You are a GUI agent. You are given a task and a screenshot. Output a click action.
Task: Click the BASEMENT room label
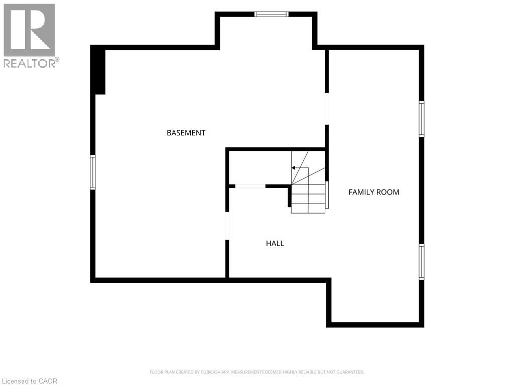click(x=186, y=132)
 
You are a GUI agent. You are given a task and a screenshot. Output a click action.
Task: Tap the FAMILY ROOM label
click(x=373, y=192)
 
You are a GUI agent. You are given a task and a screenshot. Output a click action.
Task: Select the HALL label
click(x=275, y=243)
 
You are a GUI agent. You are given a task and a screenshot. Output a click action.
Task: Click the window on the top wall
click(x=272, y=14)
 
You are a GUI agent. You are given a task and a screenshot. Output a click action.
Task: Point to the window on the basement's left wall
click(x=93, y=172)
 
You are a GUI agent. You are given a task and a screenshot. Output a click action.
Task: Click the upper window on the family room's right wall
click(x=422, y=119)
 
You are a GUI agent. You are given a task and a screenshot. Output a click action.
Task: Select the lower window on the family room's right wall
click(x=422, y=262)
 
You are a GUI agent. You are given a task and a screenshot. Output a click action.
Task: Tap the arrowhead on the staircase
click(x=293, y=168)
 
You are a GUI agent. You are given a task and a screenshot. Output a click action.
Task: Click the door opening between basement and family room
click(x=326, y=109)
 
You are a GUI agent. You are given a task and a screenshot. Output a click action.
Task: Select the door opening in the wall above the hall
click(x=250, y=186)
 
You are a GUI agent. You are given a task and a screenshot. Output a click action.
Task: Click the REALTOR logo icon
click(x=29, y=30)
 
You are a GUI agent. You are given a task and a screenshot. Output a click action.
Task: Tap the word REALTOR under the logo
click(x=30, y=63)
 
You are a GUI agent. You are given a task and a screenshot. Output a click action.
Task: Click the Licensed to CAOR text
click(x=30, y=381)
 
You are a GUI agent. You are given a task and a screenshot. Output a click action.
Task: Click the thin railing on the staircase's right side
click(x=327, y=194)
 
